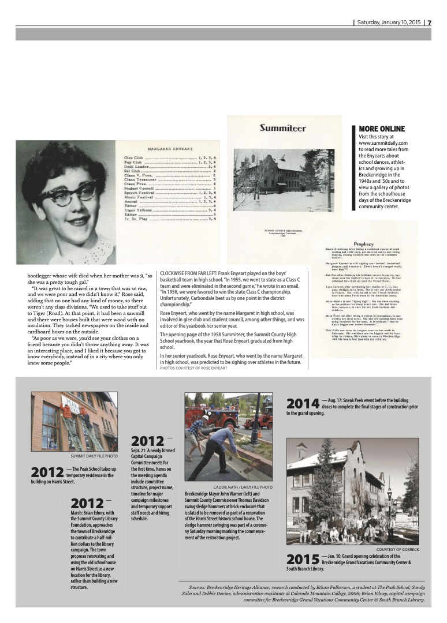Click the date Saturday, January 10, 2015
389,23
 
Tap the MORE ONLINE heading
382,129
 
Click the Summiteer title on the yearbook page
282,128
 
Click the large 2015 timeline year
303,559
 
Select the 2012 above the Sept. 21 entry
148,443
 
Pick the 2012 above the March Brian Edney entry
87,504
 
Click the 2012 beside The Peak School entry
47,473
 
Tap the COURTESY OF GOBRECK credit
397,549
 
